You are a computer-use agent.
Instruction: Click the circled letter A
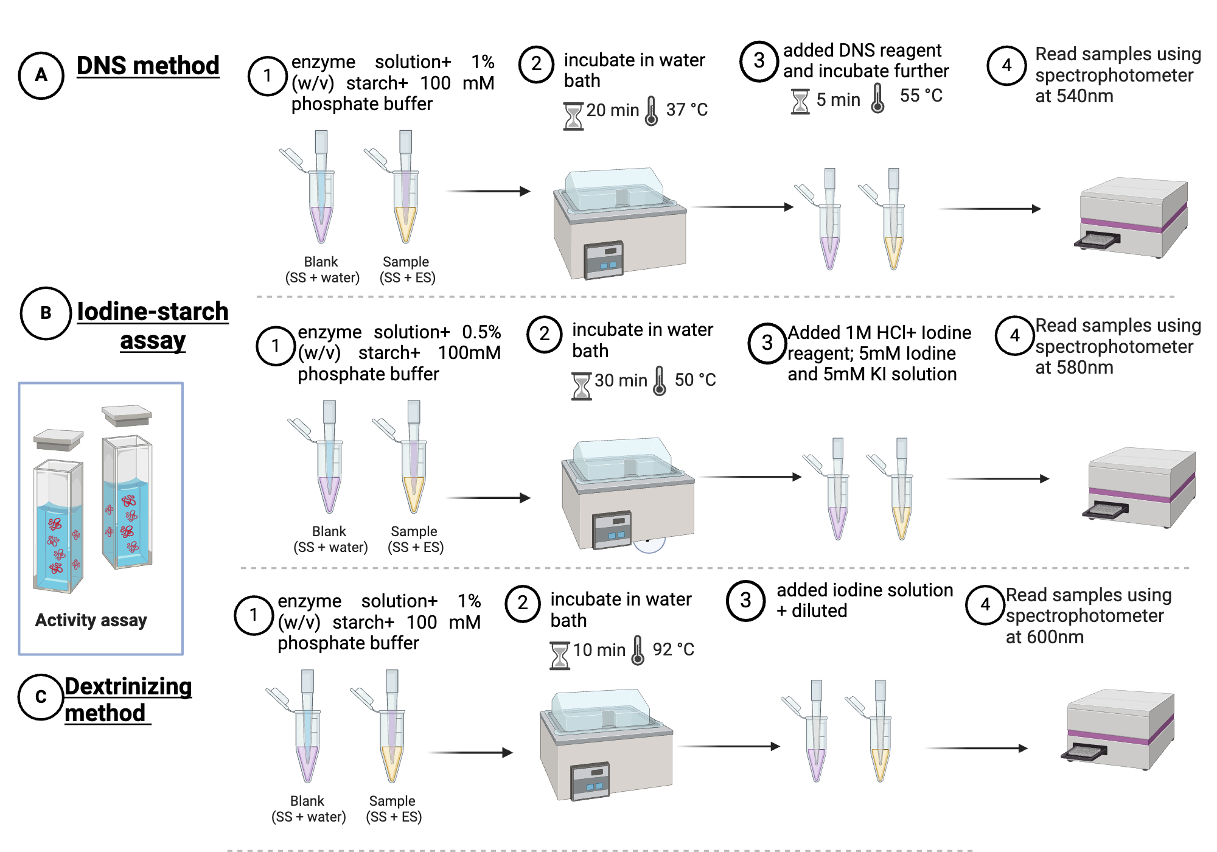41,75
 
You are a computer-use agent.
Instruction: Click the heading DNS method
148,66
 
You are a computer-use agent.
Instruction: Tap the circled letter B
46,313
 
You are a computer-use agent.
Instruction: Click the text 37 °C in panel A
686,110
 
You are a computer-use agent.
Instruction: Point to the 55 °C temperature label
921,96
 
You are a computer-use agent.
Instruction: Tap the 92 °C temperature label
673,649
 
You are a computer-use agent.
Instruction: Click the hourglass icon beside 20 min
573,116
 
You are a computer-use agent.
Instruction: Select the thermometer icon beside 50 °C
660,381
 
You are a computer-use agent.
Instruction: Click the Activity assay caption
91,620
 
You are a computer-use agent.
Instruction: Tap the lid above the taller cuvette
127,415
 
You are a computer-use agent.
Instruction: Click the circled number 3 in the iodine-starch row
767,343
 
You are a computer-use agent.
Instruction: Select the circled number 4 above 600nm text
985,604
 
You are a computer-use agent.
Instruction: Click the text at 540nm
1074,96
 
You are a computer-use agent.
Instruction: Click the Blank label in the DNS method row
321,262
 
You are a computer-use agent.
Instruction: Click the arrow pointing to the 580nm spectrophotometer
998,479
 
